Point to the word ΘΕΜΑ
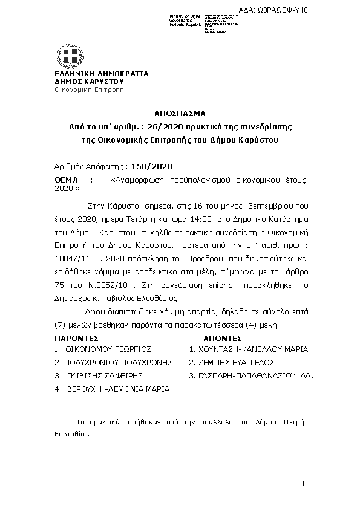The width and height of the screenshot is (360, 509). (67, 180)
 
